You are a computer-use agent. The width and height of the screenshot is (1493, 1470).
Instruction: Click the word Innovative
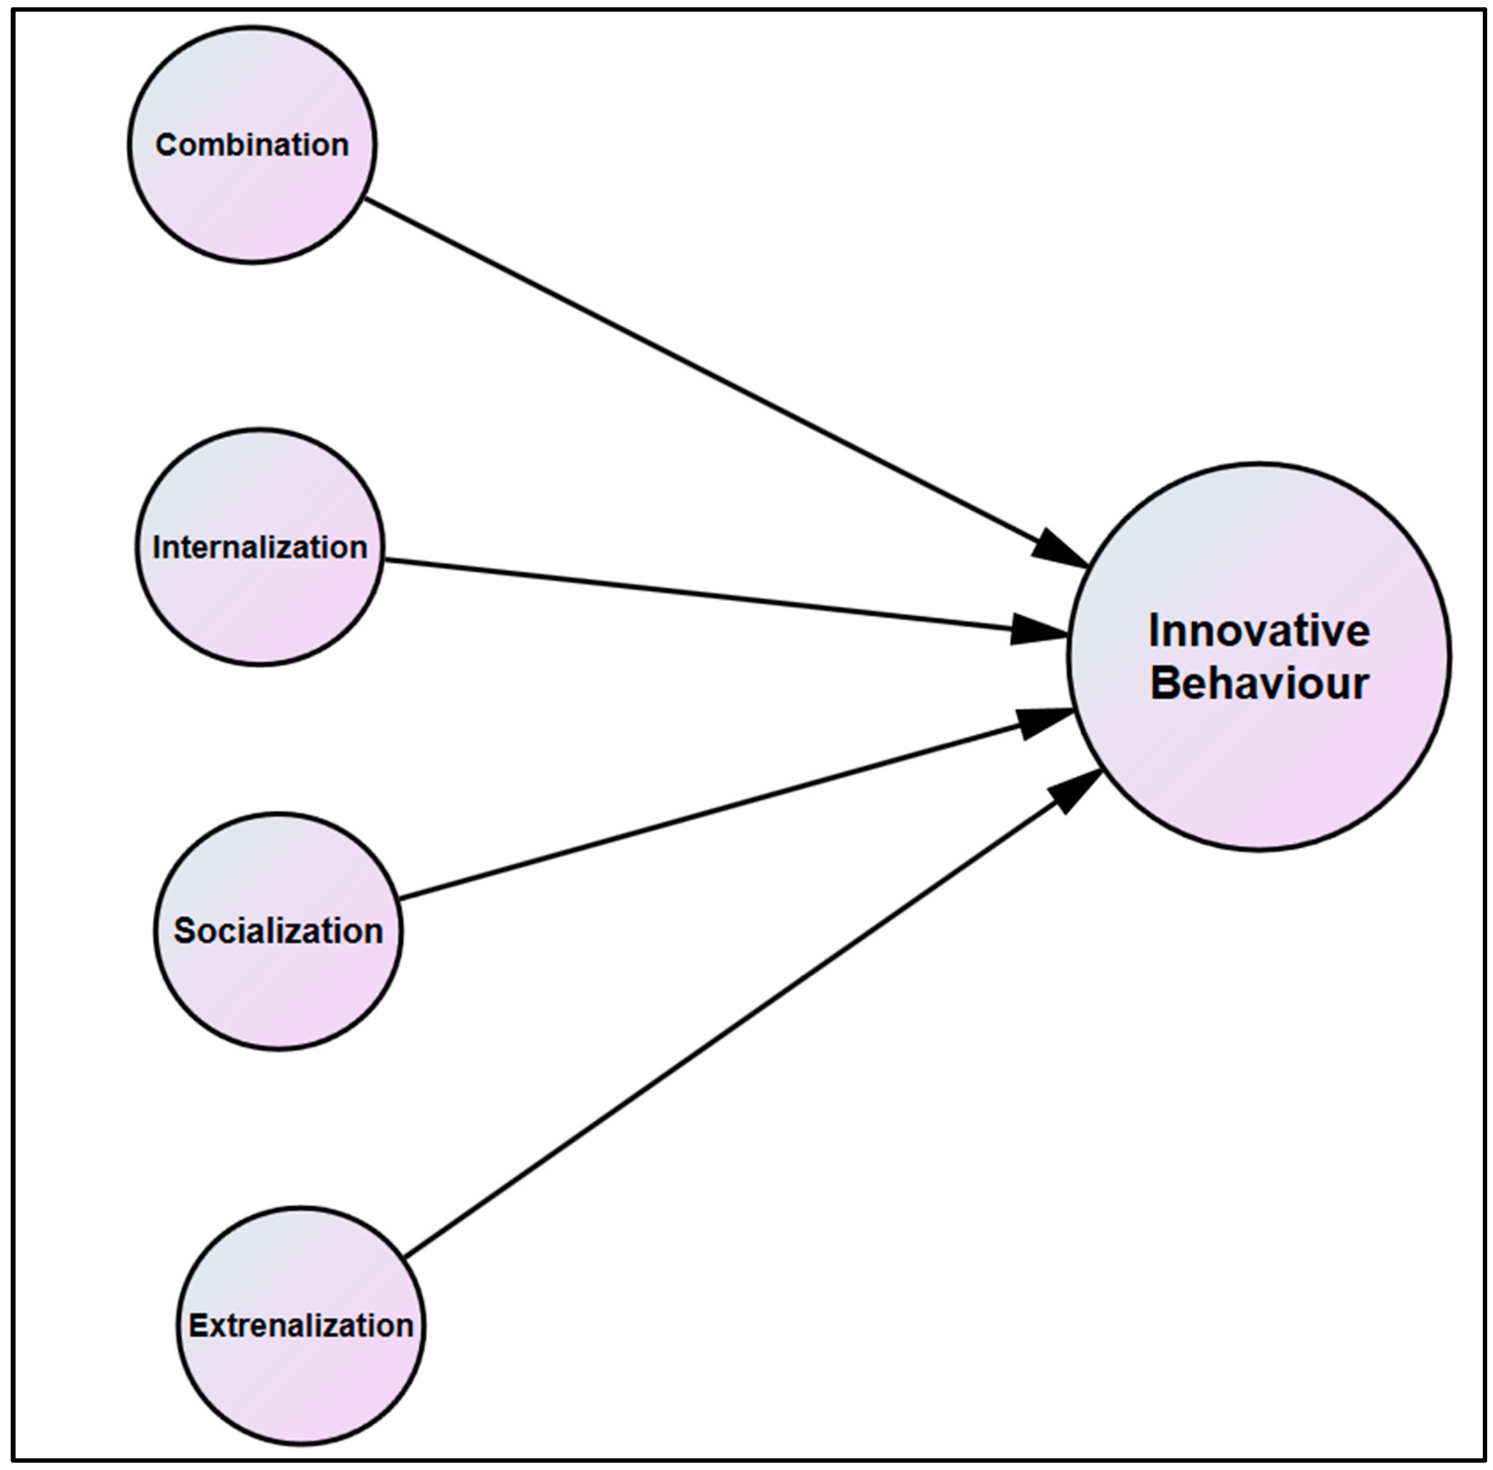pyautogui.click(x=1258, y=631)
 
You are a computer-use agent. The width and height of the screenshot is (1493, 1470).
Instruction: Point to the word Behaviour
pyautogui.click(x=1258, y=684)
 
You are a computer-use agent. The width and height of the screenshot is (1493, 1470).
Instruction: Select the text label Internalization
pyautogui.click(x=259, y=547)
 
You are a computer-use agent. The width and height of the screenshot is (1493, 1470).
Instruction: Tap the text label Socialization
pyautogui.click(x=278, y=931)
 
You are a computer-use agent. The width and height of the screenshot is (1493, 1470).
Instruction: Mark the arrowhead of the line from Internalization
pyautogui.click(x=1038, y=629)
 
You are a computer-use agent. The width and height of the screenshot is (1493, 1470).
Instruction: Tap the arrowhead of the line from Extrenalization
pyautogui.click(x=1075, y=790)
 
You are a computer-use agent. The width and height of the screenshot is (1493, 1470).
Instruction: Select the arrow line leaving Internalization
pyautogui.click(x=695, y=594)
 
